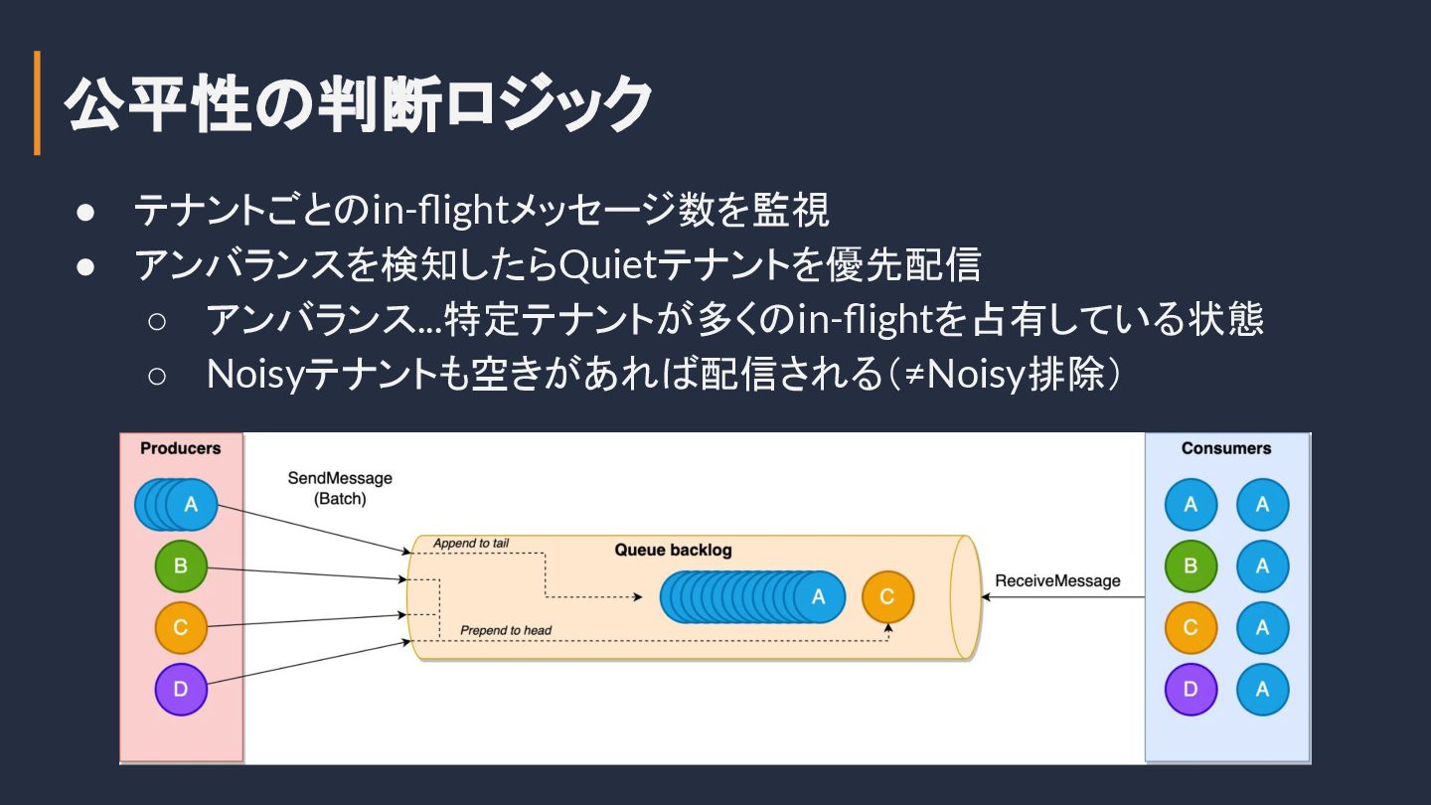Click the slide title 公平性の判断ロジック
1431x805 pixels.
tap(358, 103)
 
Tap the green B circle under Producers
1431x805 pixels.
tap(181, 566)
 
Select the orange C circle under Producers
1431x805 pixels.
tap(181, 627)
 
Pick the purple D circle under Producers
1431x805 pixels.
tap(181, 689)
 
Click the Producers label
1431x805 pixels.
tap(181, 448)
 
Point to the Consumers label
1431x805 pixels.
tap(1226, 448)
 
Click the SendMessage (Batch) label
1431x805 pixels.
tap(340, 488)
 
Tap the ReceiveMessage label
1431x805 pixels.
tap(1057, 581)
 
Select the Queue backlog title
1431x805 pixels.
tap(673, 550)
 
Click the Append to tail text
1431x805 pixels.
tap(471, 543)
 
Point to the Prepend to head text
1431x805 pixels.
tap(505, 630)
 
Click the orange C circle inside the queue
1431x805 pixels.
tap(887, 596)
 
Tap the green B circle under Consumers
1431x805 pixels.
tap(1191, 566)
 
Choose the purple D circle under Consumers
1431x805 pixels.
tap(1191, 689)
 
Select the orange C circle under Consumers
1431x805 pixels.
tap(1191, 627)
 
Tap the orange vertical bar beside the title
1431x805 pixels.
tap(38, 103)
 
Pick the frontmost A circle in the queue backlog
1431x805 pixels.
tap(819, 596)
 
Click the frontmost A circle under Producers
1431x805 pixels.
tap(191, 505)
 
